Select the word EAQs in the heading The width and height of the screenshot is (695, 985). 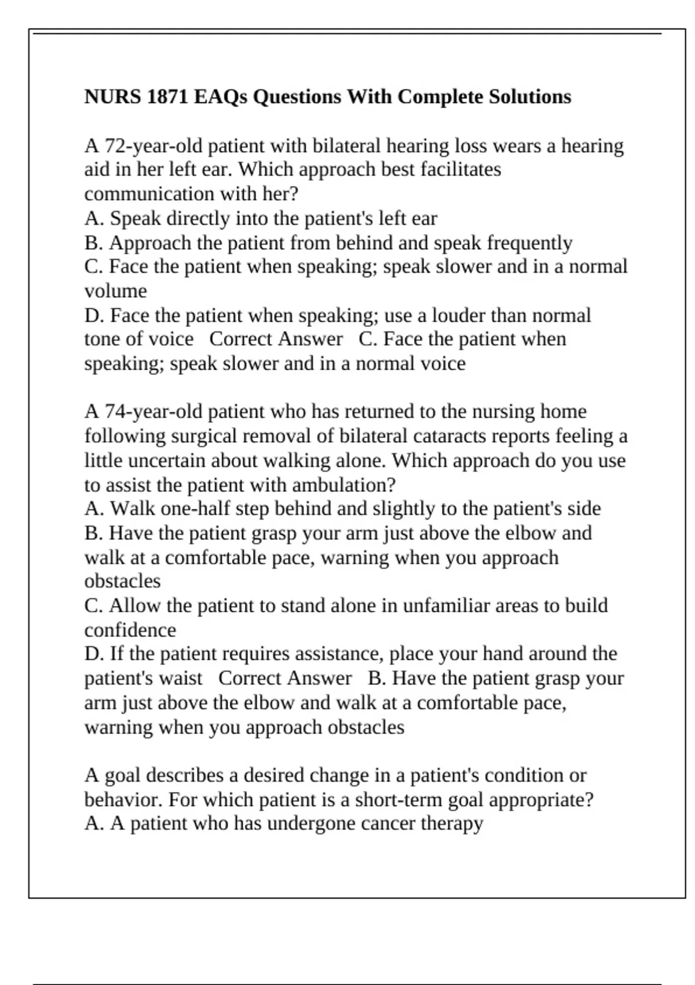[220, 96]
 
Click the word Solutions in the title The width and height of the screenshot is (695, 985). [530, 96]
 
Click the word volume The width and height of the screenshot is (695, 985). [116, 291]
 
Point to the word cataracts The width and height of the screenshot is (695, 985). [515, 436]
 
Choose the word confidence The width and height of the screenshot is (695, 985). [130, 630]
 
